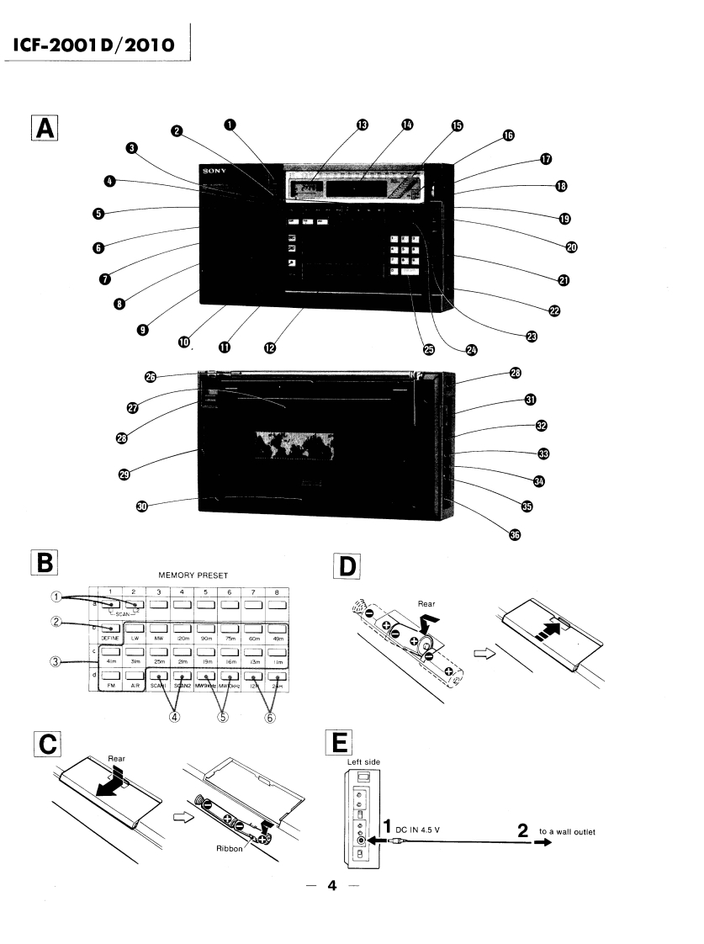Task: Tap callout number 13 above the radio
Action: click(x=362, y=125)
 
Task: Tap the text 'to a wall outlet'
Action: click(x=568, y=832)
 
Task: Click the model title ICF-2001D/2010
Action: click(x=94, y=44)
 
